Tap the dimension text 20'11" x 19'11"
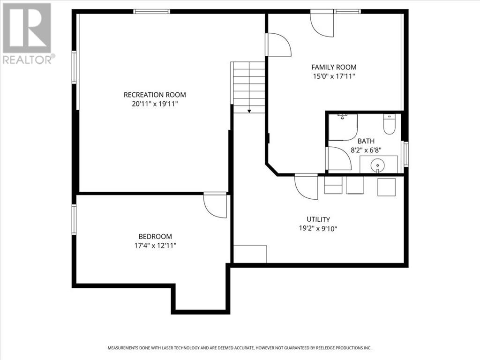click(x=155, y=104)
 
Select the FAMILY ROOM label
click(x=334, y=67)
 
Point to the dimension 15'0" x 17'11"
click(x=334, y=76)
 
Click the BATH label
click(x=366, y=141)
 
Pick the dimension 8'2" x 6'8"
click(x=366, y=150)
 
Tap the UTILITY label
click(x=318, y=219)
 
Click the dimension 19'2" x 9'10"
click(x=318, y=229)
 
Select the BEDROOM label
click(x=155, y=237)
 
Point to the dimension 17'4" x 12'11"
click(x=155, y=246)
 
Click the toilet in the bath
click(x=389, y=124)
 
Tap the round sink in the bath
click(x=378, y=165)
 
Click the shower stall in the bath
click(x=342, y=127)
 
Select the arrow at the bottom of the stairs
click(x=249, y=111)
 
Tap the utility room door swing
click(x=306, y=186)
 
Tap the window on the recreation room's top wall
click(x=151, y=11)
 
